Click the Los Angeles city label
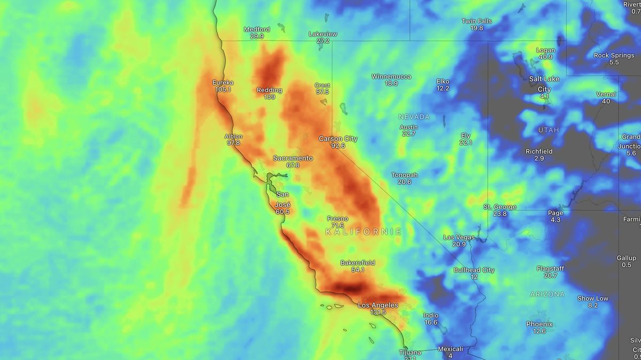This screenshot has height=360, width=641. click(378, 305)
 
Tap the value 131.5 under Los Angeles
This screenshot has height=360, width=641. click(378, 312)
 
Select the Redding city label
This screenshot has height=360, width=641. click(269, 90)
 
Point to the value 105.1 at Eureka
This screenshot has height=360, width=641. click(223, 90)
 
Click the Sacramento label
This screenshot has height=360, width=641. click(293, 158)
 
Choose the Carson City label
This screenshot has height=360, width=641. click(338, 138)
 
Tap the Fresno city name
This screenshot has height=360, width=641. click(338, 218)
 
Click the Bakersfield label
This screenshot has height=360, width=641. click(357, 263)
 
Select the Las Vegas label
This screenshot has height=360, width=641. click(459, 237)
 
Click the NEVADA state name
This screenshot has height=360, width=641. click(413, 116)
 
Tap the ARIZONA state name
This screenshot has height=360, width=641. click(547, 294)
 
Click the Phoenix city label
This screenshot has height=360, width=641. click(539, 324)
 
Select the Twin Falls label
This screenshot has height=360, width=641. click(476, 21)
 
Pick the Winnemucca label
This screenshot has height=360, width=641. click(391, 76)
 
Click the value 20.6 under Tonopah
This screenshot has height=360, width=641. click(404, 182)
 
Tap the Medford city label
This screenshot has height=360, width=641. click(257, 29)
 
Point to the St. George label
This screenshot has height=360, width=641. click(500, 207)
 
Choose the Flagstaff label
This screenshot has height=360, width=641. click(550, 269)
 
